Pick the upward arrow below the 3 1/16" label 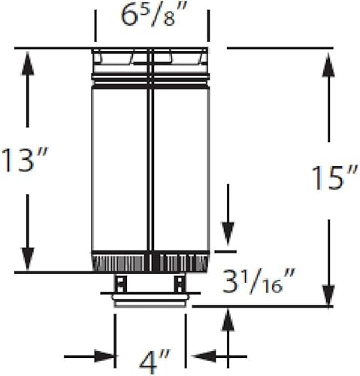point(228,322)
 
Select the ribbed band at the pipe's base point(150,263)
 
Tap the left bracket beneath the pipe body point(121,284)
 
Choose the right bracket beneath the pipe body point(180,284)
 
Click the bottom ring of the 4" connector point(150,303)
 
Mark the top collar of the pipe point(150,57)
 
